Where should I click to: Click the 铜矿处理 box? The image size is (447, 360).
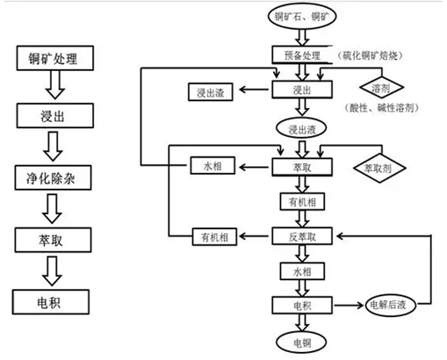[55, 58]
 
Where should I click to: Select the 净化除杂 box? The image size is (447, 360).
[53, 177]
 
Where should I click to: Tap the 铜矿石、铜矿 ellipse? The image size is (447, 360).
[302, 16]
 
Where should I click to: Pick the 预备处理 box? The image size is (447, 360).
[302, 54]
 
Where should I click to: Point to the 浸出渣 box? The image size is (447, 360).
[211, 92]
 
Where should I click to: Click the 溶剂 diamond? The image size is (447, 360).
[382, 87]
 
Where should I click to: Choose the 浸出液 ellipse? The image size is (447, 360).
[301, 128]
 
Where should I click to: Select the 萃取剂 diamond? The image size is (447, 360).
[379, 168]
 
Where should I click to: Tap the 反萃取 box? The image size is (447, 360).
[302, 236]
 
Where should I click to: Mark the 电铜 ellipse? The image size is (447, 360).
[301, 342]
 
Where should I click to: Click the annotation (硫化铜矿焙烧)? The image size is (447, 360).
[370, 55]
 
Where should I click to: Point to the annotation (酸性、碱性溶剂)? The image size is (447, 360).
[381, 108]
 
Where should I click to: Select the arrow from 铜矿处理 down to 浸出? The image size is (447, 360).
[55, 85]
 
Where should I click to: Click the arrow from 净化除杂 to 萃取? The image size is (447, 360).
[52, 209]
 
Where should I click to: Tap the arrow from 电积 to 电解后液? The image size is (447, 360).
[349, 306]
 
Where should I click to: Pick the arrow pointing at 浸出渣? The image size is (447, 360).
[254, 90]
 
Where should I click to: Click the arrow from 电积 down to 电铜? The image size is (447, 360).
[302, 323]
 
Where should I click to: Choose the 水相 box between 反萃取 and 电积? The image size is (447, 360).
[302, 271]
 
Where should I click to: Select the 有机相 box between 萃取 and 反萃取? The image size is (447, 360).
[302, 201]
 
